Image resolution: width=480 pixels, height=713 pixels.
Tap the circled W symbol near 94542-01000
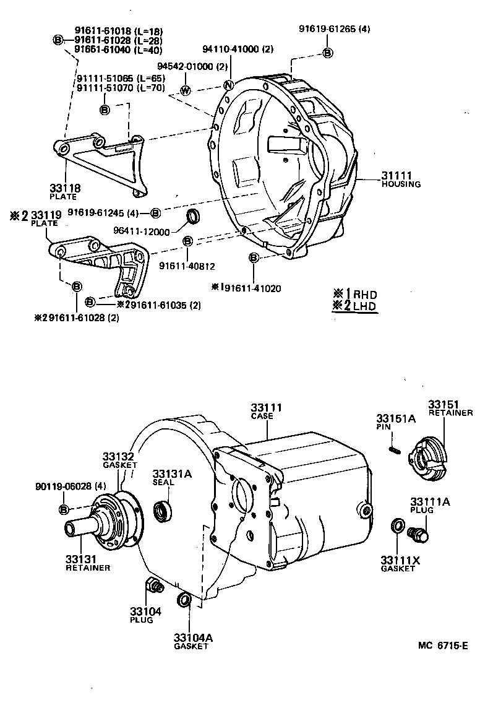click(x=185, y=91)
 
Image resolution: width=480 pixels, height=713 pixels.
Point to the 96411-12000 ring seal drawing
click(x=194, y=217)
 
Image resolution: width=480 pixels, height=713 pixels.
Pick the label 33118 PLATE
click(x=64, y=191)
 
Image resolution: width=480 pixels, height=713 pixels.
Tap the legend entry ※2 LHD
click(x=354, y=305)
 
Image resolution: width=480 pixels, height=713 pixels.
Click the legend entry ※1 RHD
click(x=354, y=294)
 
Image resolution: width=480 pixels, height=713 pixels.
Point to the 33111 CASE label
click(x=266, y=412)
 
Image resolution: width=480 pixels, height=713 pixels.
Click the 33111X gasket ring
click(x=397, y=526)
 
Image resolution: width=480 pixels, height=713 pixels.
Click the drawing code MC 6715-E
click(x=442, y=645)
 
